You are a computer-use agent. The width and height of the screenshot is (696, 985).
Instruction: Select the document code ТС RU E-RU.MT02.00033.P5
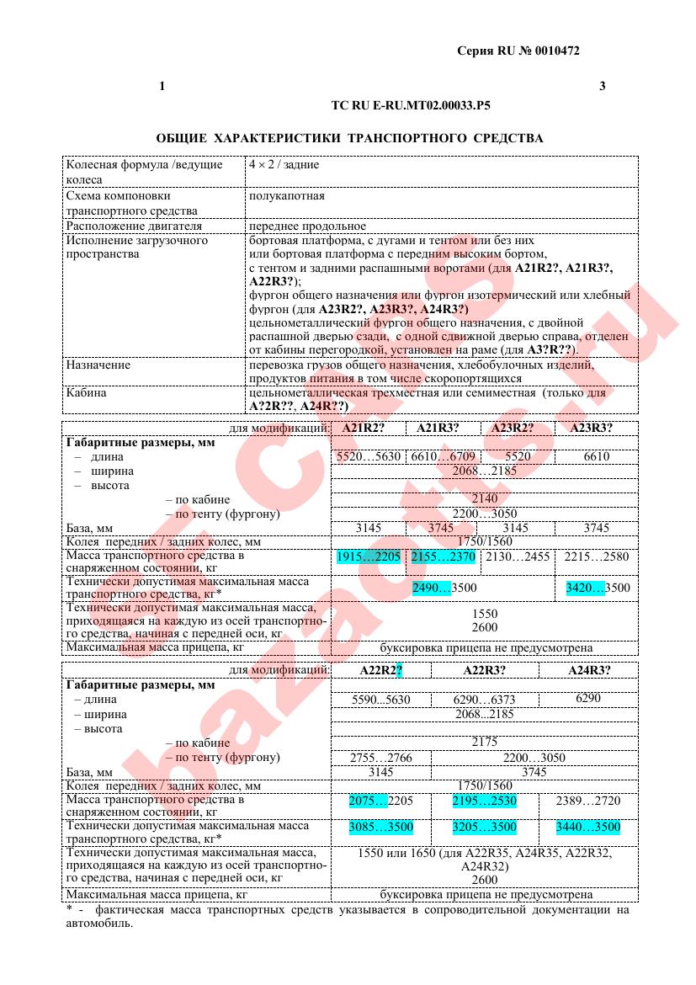pyautogui.click(x=412, y=107)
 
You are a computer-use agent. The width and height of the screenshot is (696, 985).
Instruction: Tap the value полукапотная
pyautogui.click(x=286, y=195)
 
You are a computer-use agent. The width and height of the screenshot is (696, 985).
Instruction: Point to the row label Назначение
pyautogui.click(x=98, y=365)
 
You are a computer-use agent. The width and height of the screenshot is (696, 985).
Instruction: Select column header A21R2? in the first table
pyautogui.click(x=363, y=428)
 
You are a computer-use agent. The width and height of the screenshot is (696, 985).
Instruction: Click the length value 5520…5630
pyautogui.click(x=368, y=456)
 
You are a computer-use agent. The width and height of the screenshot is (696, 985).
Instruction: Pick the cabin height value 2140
pyautogui.click(x=485, y=499)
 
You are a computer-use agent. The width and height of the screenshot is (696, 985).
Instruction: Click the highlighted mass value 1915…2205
pyautogui.click(x=368, y=557)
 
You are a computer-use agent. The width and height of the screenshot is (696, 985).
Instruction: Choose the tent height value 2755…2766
pyautogui.click(x=380, y=758)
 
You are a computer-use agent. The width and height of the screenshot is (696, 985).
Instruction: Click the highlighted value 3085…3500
pyautogui.click(x=380, y=828)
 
